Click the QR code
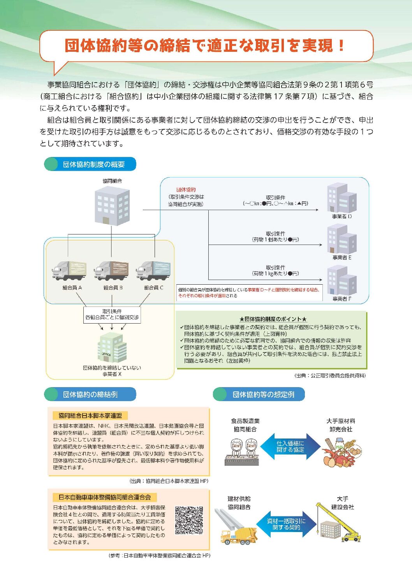pyautogui.click(x=189, y=520)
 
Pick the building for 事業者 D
pyautogui.click(x=342, y=198)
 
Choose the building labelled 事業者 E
pyautogui.click(x=342, y=239)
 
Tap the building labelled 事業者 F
pyautogui.click(x=342, y=280)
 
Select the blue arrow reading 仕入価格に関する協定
pyautogui.click(x=290, y=446)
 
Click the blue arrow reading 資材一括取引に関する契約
pyautogui.click(x=286, y=524)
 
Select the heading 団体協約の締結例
pyautogui.click(x=90, y=395)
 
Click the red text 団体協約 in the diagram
pyautogui.click(x=186, y=190)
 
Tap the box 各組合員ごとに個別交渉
pyautogui.click(x=112, y=315)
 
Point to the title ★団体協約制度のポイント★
pyautogui.click(x=273, y=319)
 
